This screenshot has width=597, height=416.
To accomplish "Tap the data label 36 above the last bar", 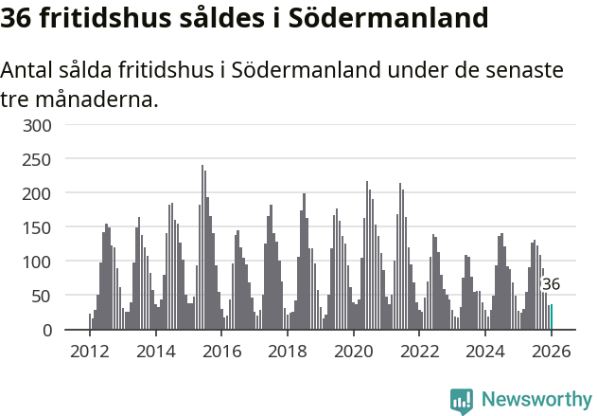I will pyautogui.click(x=551, y=284).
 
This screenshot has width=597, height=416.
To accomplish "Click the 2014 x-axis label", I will pyautogui.click(x=156, y=352).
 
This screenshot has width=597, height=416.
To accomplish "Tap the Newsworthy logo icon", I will pyautogui.click(x=462, y=401).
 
